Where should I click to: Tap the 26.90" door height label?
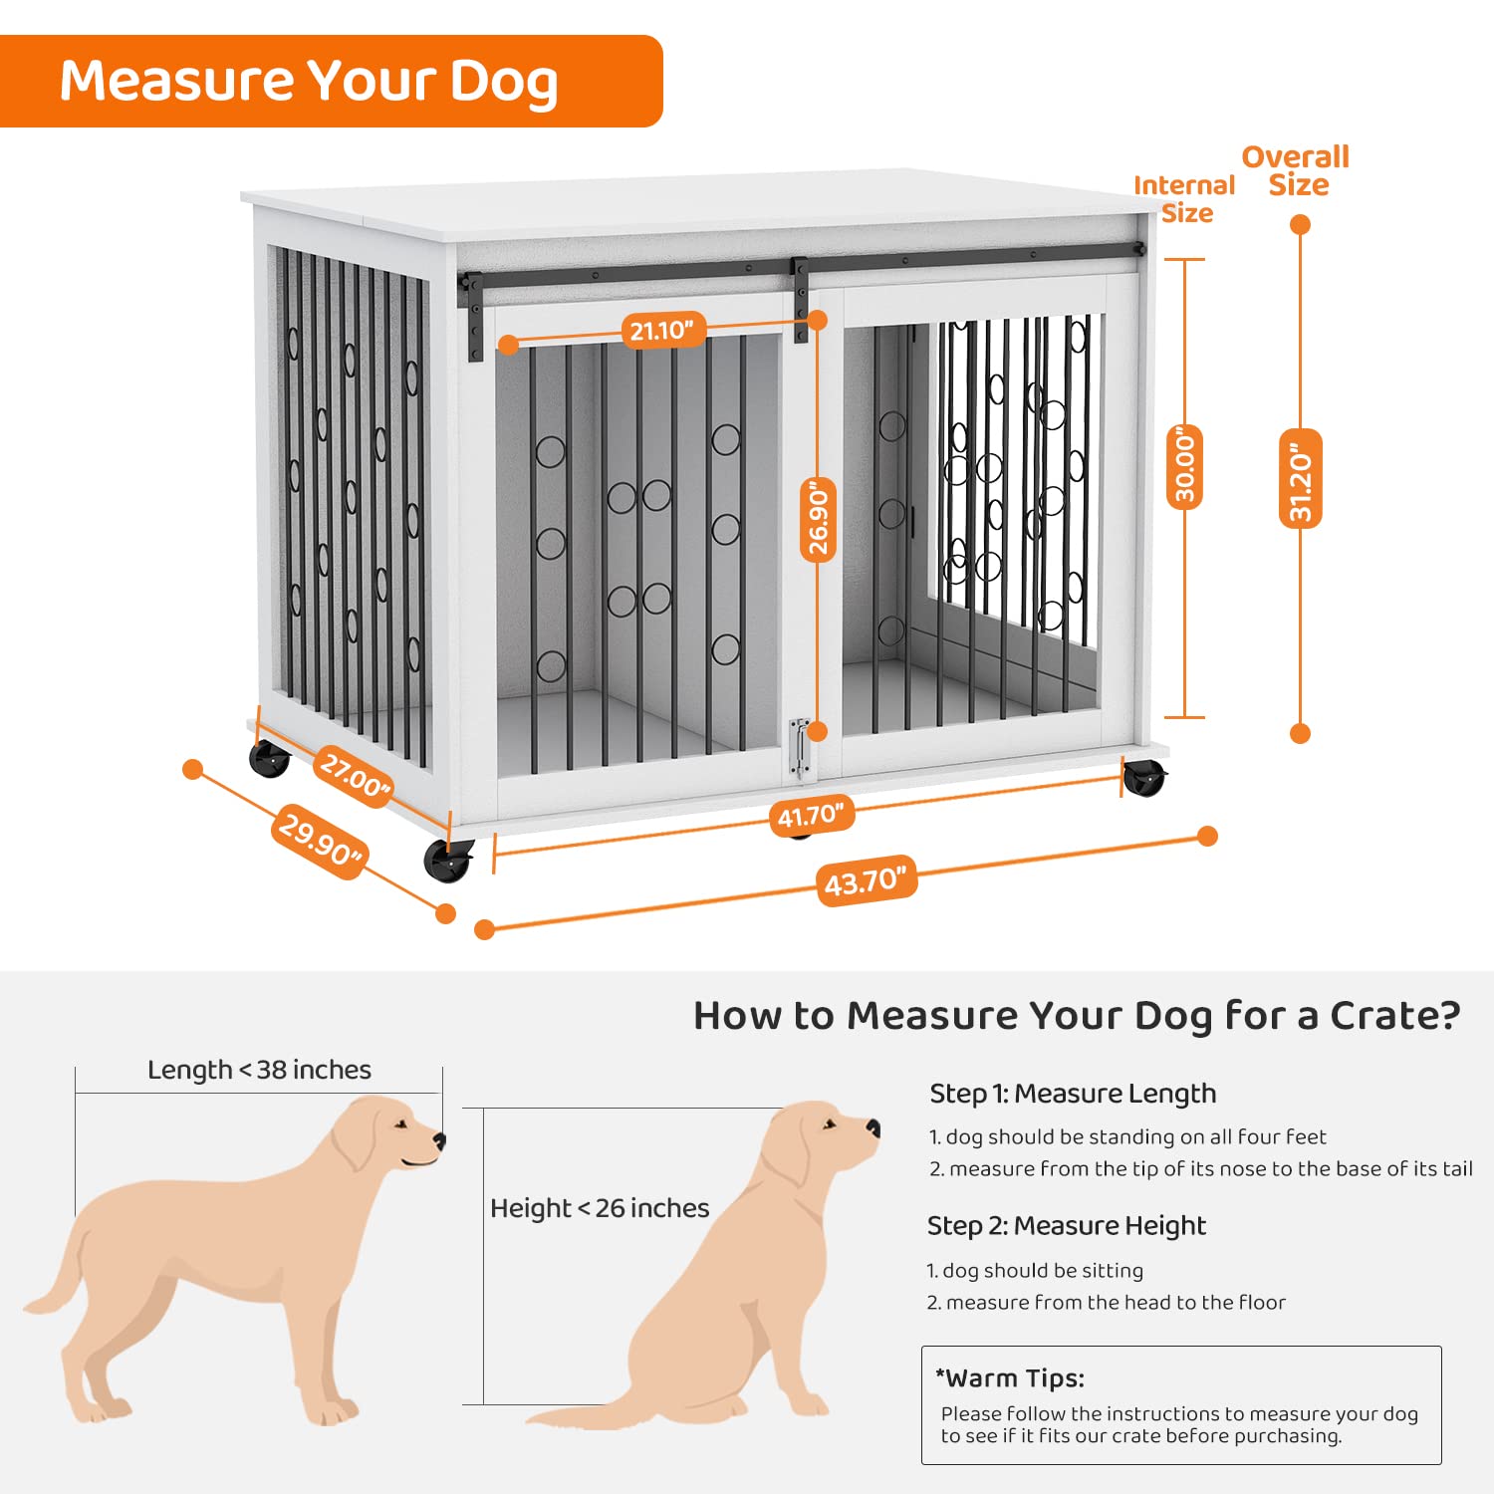click(x=819, y=519)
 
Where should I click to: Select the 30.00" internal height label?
click(x=1185, y=466)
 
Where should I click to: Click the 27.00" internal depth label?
click(x=355, y=777)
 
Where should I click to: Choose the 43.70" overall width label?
click(x=866, y=880)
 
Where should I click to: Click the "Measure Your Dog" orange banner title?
click(x=309, y=82)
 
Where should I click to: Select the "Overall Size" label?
click(x=1296, y=170)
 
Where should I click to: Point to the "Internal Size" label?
click(x=1184, y=198)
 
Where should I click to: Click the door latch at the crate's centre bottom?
click(x=799, y=748)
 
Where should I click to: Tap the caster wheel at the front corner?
click(x=448, y=861)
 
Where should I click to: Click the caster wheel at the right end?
click(x=1143, y=778)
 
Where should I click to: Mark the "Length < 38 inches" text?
click(x=259, y=1070)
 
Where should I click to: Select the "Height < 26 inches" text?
click(x=600, y=1208)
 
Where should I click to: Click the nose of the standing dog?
click(x=439, y=1141)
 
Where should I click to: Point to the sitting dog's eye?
click(x=828, y=1125)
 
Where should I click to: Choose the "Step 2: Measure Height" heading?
click(x=1067, y=1226)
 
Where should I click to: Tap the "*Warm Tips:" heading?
click(x=1010, y=1378)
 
